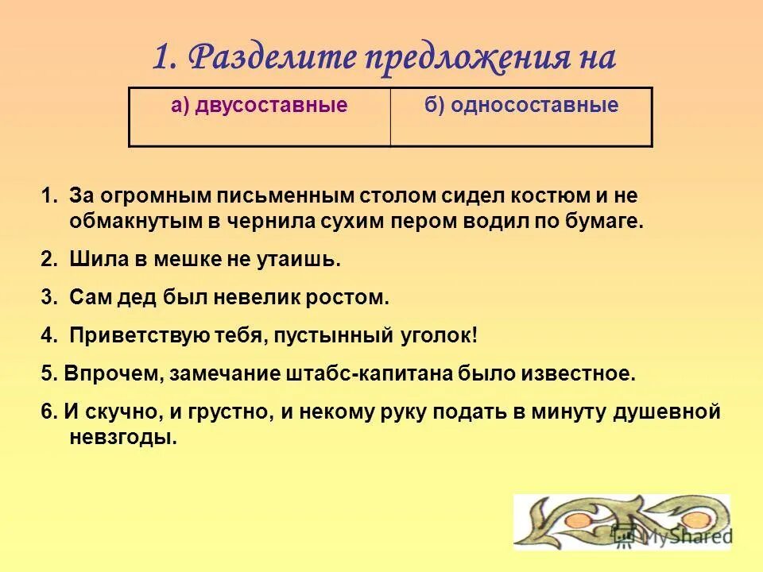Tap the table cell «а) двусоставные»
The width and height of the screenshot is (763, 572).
pos(259,116)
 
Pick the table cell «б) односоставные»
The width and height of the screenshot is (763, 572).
pos(521,116)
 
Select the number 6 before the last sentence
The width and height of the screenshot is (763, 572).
pos(45,412)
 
